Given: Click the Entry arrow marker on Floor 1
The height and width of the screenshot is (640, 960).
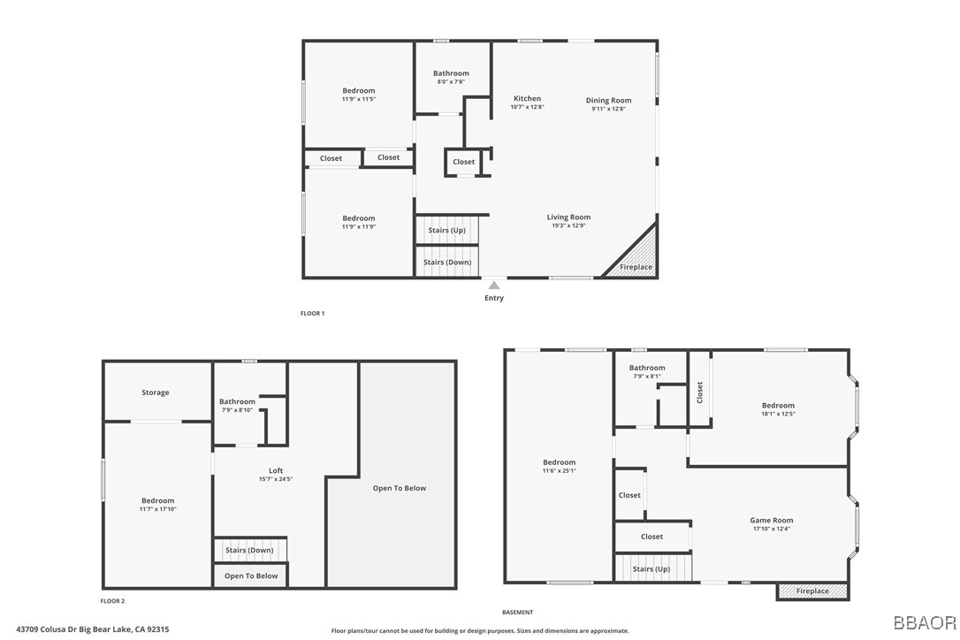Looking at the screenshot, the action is [x=494, y=286].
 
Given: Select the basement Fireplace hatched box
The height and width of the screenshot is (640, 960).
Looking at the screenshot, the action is [x=812, y=591].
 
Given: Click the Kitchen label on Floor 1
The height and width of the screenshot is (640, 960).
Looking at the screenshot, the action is [x=527, y=99].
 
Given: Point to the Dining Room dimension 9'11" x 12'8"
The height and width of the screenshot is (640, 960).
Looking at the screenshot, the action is [x=608, y=109].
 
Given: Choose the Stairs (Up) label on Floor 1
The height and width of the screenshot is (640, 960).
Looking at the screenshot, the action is [x=447, y=231].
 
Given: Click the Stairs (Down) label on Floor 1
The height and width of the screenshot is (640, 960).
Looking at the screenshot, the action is [x=447, y=263].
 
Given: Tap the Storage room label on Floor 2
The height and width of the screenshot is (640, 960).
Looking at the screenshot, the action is [x=156, y=392].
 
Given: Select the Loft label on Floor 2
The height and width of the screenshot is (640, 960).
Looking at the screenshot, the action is [x=276, y=471].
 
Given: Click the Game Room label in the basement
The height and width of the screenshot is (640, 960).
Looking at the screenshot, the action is [x=772, y=521].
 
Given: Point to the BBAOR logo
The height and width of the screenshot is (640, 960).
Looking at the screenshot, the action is [x=925, y=623].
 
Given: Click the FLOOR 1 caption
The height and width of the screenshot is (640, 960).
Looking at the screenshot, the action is [x=312, y=314].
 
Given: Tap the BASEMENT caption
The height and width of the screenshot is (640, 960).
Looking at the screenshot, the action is [x=517, y=613].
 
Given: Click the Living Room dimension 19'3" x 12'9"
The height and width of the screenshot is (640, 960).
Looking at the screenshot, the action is [x=568, y=225].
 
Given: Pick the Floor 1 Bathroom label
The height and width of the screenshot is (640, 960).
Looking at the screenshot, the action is [x=451, y=73].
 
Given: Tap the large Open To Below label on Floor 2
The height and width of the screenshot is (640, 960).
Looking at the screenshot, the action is [x=400, y=488].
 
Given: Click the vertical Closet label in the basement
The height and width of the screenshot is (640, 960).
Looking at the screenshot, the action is [x=700, y=392].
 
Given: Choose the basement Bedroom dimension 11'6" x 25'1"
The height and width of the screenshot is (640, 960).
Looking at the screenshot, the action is [x=559, y=471].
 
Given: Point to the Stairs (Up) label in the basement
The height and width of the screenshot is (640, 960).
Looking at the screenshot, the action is [x=651, y=569].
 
